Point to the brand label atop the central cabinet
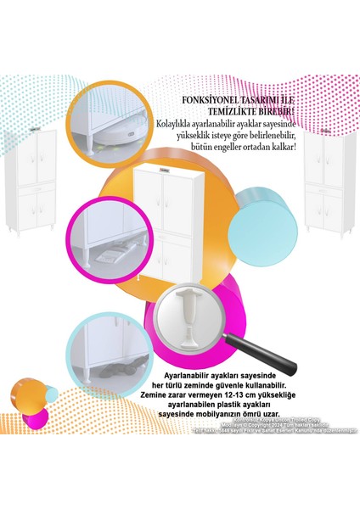click(166, 170)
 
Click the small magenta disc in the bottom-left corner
click(34, 418)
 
